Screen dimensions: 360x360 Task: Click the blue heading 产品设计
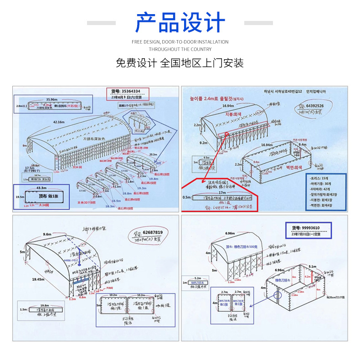pos(180,23)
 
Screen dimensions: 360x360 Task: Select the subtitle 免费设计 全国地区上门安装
pos(180,63)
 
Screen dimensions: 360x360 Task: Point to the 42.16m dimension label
pos(59,122)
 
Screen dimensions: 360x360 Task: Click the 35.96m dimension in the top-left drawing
pos(51,99)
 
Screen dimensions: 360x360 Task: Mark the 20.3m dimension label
pos(153,154)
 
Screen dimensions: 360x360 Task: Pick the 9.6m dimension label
pos(47,234)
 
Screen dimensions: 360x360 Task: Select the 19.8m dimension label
pos(44,306)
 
